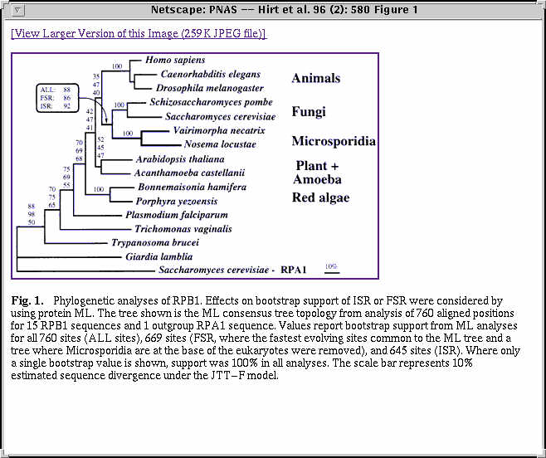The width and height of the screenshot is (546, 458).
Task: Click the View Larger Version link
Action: click(139, 33)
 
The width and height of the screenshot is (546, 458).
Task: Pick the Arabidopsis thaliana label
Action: click(180, 158)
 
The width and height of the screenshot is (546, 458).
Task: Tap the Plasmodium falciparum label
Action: click(164, 214)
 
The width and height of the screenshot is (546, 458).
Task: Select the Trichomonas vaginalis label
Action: click(183, 228)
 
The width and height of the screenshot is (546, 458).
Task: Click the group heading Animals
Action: click(315, 79)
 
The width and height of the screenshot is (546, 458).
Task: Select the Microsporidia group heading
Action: click(333, 141)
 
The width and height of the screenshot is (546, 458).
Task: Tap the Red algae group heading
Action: click(320, 197)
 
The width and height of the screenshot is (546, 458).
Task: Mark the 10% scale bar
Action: click(331, 269)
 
